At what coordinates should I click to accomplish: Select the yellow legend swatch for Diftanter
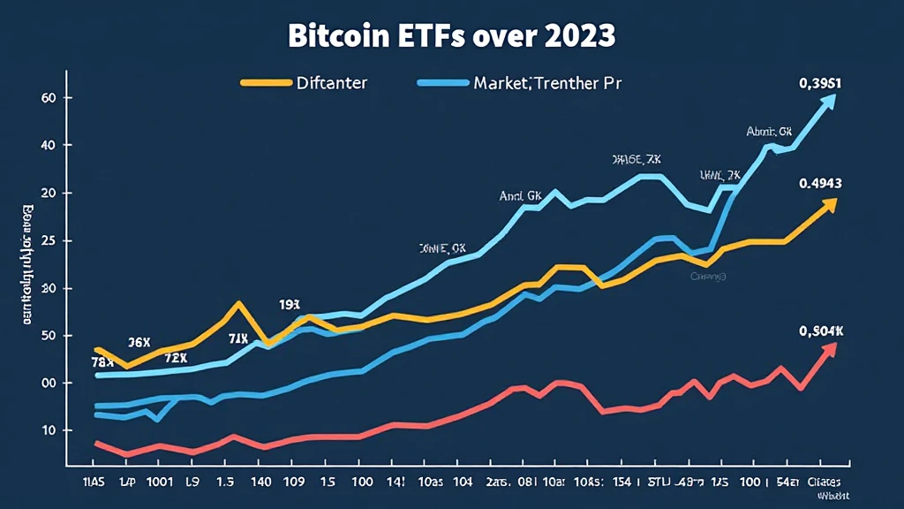(x=265, y=83)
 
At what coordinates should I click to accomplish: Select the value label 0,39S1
(x=818, y=84)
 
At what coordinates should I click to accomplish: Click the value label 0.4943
(x=820, y=185)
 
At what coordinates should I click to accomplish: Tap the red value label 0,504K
(x=821, y=331)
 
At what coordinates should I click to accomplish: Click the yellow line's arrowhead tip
(x=835, y=201)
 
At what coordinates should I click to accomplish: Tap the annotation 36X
(x=139, y=342)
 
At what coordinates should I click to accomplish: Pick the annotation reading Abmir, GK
(x=769, y=133)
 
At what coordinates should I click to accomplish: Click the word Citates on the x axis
(x=827, y=481)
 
